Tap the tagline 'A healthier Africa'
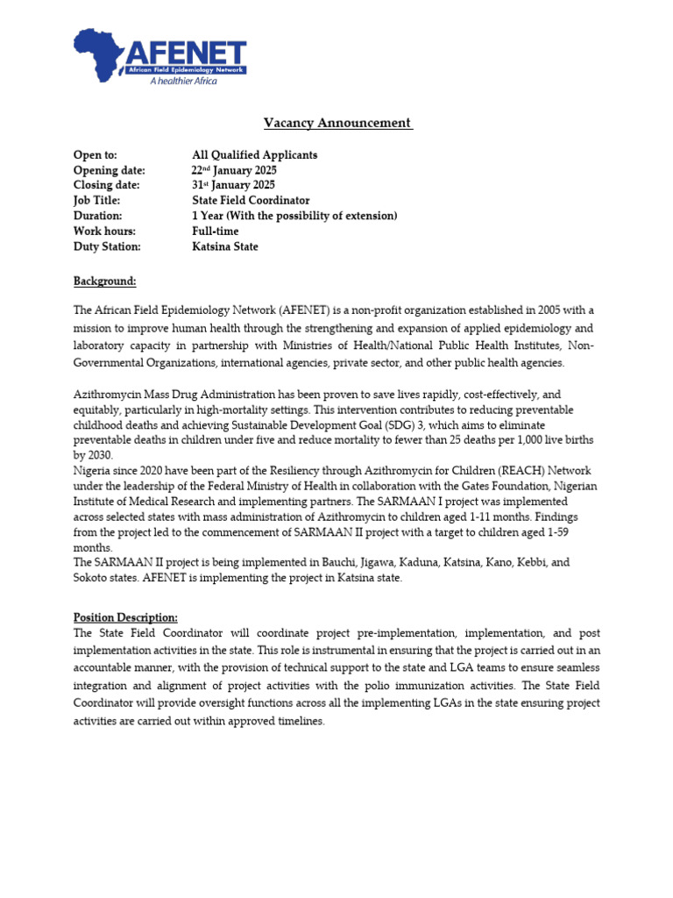(183, 81)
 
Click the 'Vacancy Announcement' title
(338, 124)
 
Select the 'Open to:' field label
(95, 155)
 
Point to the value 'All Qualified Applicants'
(254, 155)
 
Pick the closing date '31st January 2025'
(233, 185)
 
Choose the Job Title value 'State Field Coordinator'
(251, 200)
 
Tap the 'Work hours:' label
(104, 232)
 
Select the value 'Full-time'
(215, 232)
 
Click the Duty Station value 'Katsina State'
(225, 246)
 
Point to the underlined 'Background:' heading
(105, 282)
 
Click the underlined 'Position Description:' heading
(125, 617)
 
